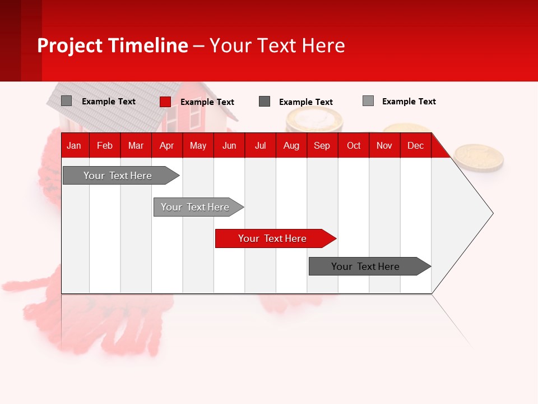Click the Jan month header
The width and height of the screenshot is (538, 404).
pos(74,146)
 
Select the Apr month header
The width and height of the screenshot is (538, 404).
pos(167,146)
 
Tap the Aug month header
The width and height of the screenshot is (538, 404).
pos(291,146)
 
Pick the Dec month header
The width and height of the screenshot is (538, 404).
pos(415,146)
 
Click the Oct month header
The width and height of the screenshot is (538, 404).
pos(354,146)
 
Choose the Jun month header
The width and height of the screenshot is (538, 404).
pos(229,146)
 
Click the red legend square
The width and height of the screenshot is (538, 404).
pos(165,102)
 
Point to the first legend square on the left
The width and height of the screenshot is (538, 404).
pos(67,101)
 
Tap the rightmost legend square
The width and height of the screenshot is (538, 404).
pos(368,101)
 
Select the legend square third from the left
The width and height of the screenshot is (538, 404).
pos(265,102)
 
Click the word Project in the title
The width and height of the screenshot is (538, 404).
pos(70,45)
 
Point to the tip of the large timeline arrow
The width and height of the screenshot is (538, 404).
pos(491,213)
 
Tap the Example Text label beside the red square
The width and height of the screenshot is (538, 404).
pos(207,102)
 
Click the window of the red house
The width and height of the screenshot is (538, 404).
pos(194,116)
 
